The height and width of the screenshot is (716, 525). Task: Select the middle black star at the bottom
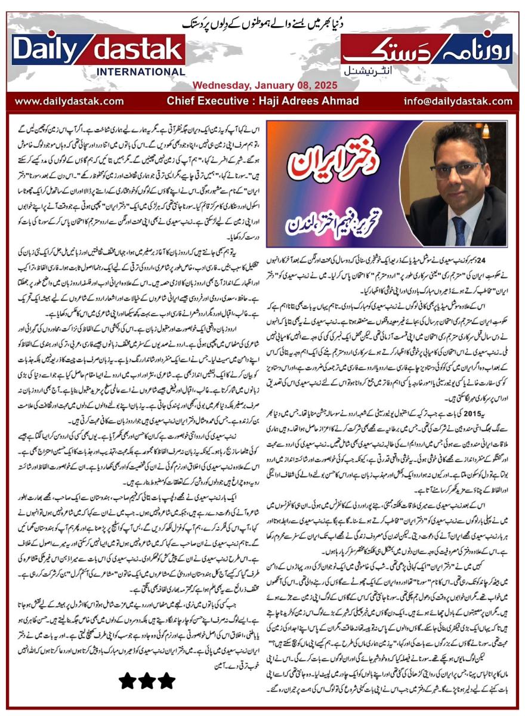pyautogui.click(x=147, y=681)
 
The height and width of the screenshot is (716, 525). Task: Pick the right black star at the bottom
pyautogui.click(x=166, y=681)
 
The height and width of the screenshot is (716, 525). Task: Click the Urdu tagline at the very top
pyautogui.click(x=262, y=24)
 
